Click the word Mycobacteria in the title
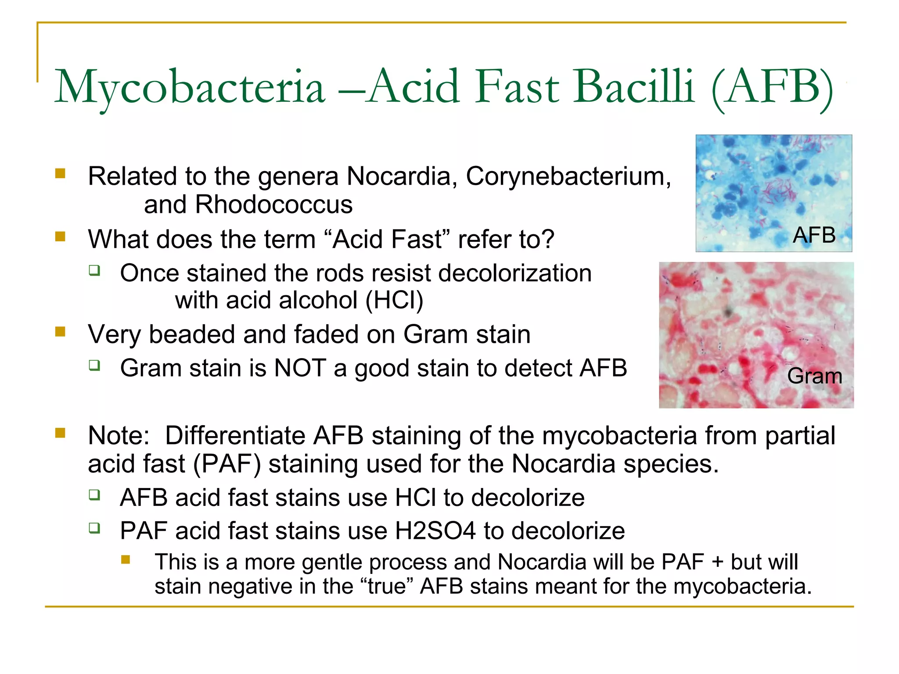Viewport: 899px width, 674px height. click(x=190, y=87)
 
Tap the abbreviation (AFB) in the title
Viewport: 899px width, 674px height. click(x=772, y=87)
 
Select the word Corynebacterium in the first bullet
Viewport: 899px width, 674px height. click(x=568, y=176)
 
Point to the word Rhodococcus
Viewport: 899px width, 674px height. click(x=273, y=205)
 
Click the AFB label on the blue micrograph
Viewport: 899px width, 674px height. click(x=814, y=235)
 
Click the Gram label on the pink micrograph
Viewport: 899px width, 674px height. click(x=814, y=376)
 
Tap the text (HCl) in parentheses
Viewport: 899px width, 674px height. click(x=394, y=301)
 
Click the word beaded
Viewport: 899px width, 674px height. click(x=192, y=334)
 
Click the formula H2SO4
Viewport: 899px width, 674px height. click(x=435, y=531)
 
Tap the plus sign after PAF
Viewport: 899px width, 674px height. click(x=717, y=562)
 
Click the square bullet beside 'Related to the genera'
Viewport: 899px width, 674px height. click(x=60, y=174)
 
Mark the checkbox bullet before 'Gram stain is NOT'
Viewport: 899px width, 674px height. click(x=94, y=366)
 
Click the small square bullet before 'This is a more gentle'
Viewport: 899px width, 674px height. click(x=126, y=559)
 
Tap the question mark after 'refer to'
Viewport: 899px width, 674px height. click(x=548, y=240)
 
